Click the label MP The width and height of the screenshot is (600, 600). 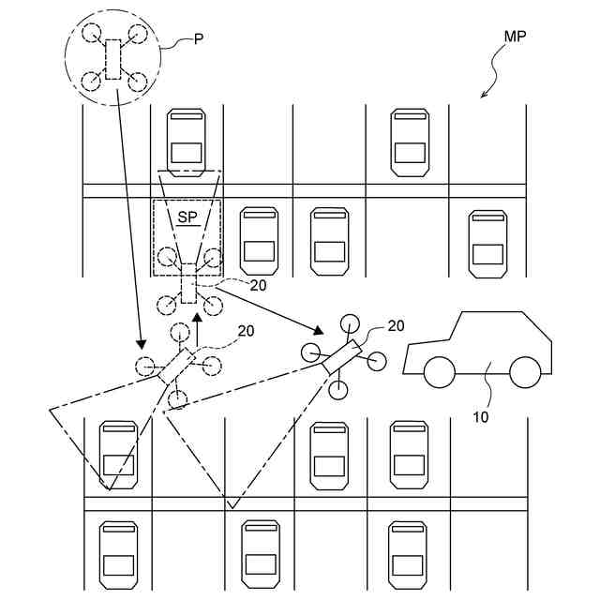tap(515, 37)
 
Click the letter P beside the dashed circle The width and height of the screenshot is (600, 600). tap(198, 39)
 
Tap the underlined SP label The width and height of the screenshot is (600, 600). tap(187, 217)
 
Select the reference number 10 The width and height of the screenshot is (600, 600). tap(481, 417)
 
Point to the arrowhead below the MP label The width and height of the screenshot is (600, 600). tap(484, 95)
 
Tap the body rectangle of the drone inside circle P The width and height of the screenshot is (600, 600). tap(112, 59)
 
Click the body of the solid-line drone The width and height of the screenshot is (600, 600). tap(342, 356)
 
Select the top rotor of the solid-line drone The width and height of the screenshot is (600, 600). tap(350, 323)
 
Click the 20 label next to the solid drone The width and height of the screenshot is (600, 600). tap(396, 326)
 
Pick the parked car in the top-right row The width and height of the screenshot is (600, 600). tap(410, 142)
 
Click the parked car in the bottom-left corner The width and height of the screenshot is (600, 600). tap(119, 555)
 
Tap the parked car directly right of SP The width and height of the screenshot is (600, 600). tap(259, 241)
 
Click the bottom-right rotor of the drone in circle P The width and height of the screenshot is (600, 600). tap(138, 82)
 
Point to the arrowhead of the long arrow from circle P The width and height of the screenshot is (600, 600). tap(142, 344)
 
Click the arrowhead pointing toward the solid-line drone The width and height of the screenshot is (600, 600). tap(319, 330)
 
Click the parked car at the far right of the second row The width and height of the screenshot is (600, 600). tap(487, 244)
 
